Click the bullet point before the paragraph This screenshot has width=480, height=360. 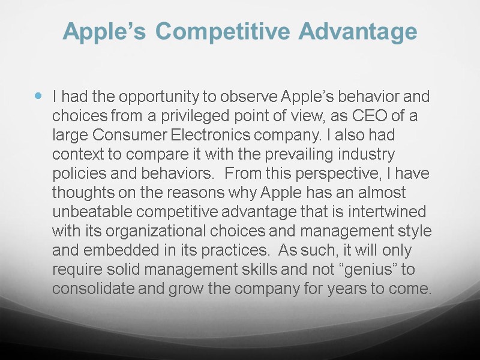(39, 95)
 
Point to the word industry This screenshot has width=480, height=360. (367, 154)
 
